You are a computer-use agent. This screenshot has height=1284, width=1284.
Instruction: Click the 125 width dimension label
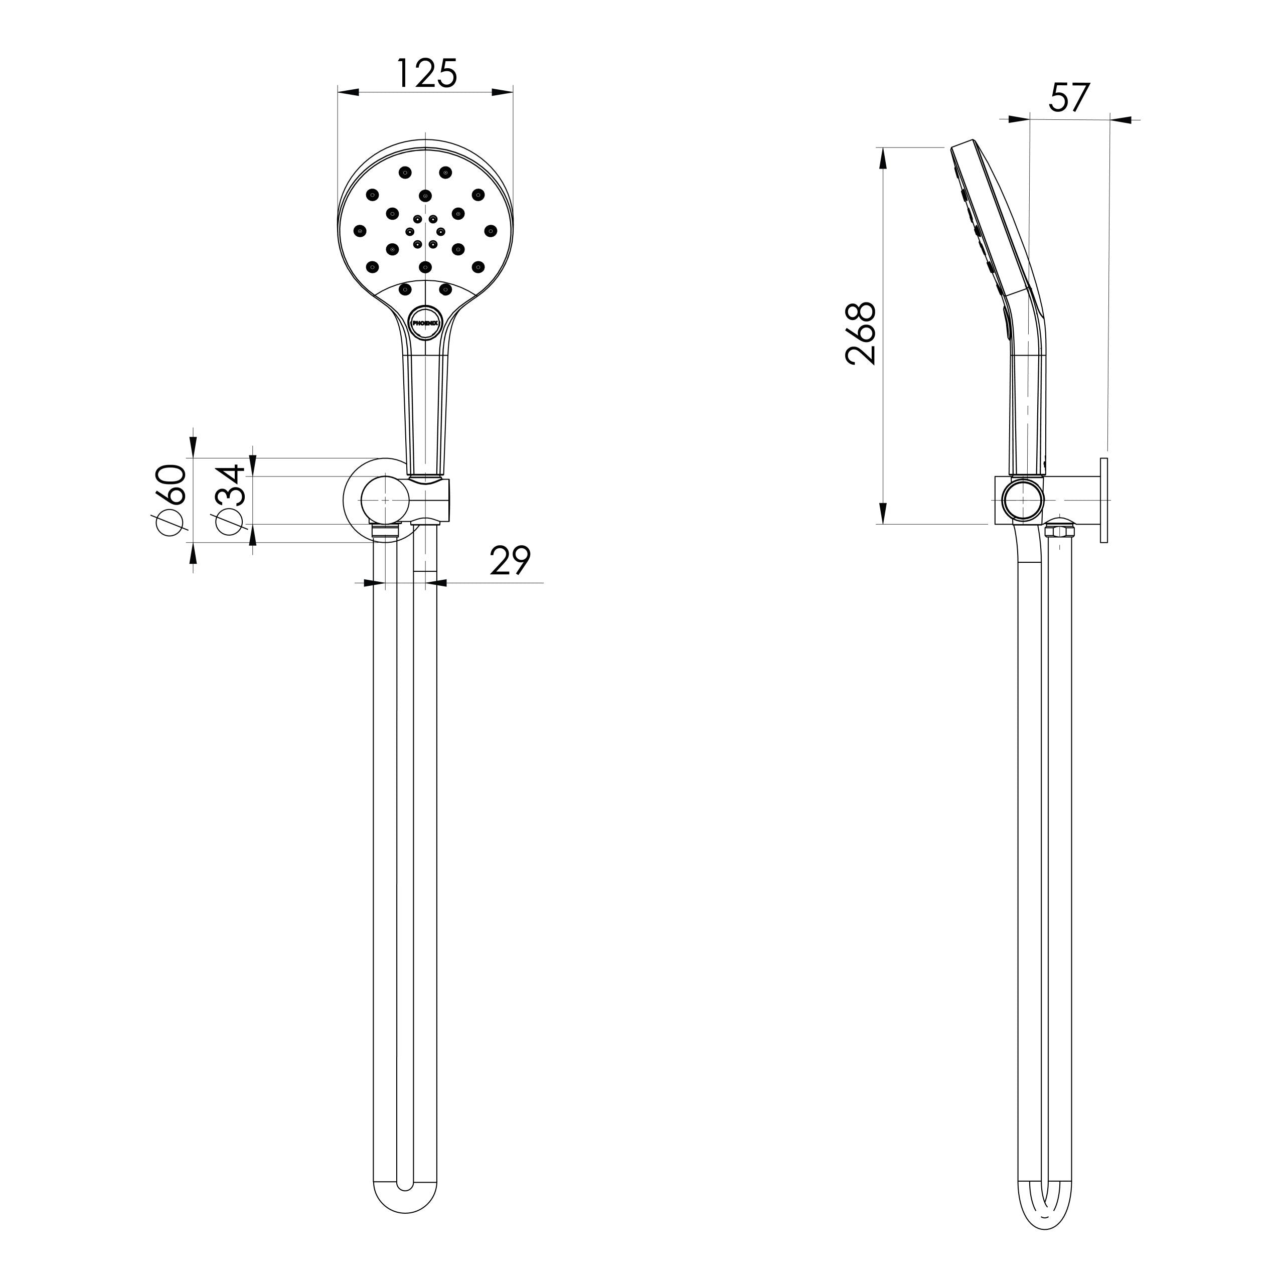point(427,74)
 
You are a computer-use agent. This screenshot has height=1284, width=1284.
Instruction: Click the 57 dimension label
point(1069,98)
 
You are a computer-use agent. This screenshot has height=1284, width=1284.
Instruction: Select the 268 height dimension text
point(861,334)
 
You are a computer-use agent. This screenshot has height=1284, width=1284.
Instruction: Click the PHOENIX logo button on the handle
point(425,323)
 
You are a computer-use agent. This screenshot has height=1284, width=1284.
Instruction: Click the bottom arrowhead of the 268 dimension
point(883,513)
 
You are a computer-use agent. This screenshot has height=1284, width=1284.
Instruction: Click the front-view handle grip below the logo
point(425,412)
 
